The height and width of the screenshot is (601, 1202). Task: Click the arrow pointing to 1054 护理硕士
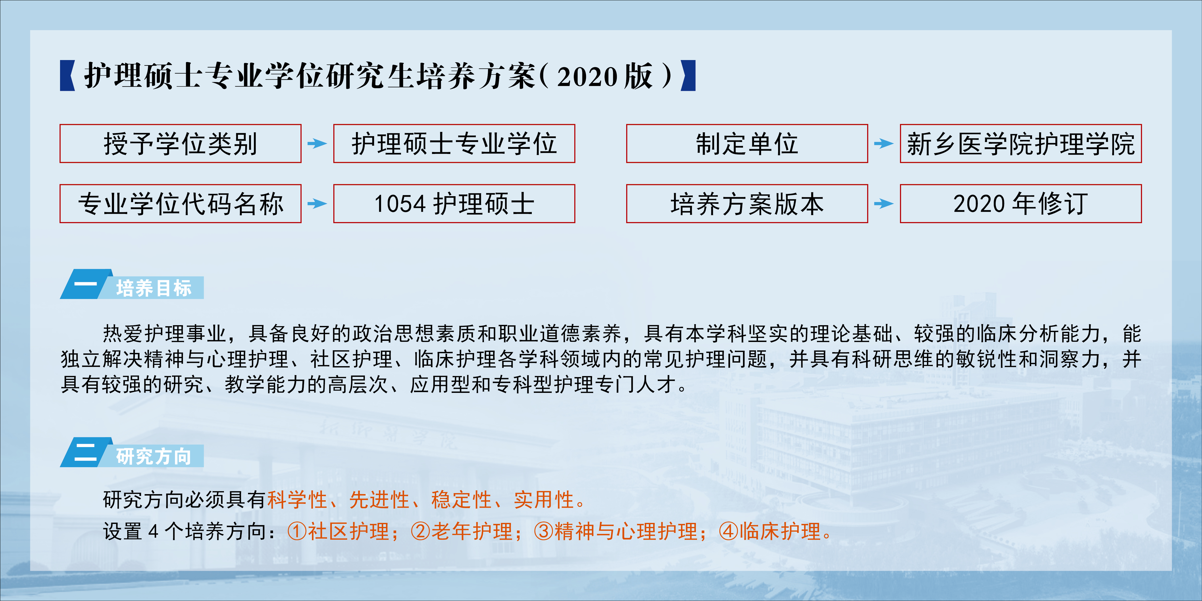[x=317, y=204]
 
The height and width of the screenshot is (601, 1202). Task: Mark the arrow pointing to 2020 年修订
[x=884, y=204]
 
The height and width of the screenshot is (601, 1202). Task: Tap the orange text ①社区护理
[x=338, y=531]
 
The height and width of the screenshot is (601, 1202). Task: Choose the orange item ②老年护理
[x=462, y=531]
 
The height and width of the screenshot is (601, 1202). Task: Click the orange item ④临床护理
[x=769, y=531]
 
